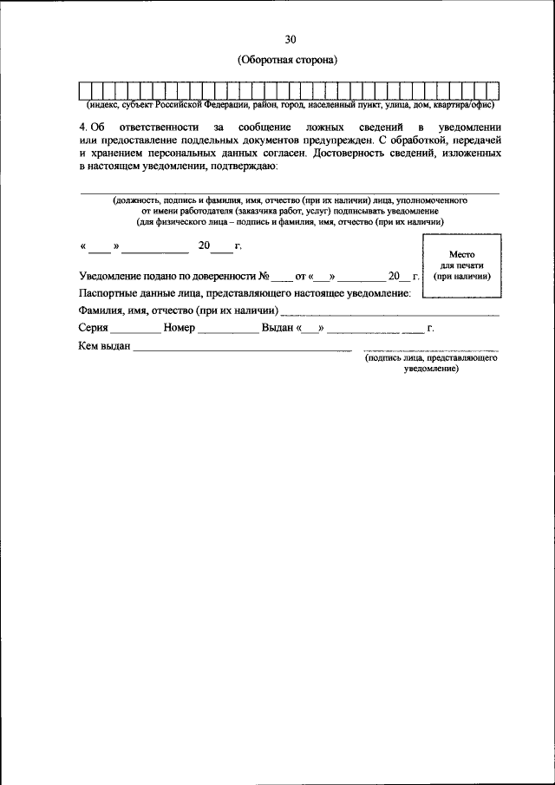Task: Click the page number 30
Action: (x=290, y=39)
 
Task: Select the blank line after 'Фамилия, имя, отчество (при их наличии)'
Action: (x=389, y=312)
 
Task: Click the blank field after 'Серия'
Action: (x=135, y=330)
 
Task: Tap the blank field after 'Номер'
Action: (x=228, y=330)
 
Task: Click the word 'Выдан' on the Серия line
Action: (x=277, y=329)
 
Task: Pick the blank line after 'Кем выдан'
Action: (x=242, y=349)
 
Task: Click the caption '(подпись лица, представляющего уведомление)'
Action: (x=431, y=363)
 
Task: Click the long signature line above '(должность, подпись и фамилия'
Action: (x=290, y=193)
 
